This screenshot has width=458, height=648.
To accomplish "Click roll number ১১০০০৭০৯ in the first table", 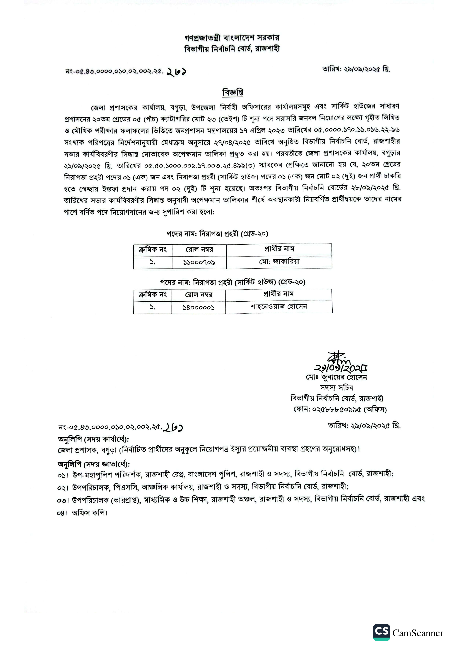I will [x=199, y=262].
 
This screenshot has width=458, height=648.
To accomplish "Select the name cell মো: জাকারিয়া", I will [x=279, y=262].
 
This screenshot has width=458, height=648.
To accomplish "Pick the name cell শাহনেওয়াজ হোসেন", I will [x=278, y=307].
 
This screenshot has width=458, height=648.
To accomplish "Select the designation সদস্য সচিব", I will [x=336, y=388].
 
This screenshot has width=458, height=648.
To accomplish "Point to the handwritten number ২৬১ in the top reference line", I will [x=176, y=72].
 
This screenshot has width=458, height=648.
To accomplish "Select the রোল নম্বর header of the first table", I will [x=199, y=249].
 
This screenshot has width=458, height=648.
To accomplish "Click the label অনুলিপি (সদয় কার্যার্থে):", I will [x=93, y=440].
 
